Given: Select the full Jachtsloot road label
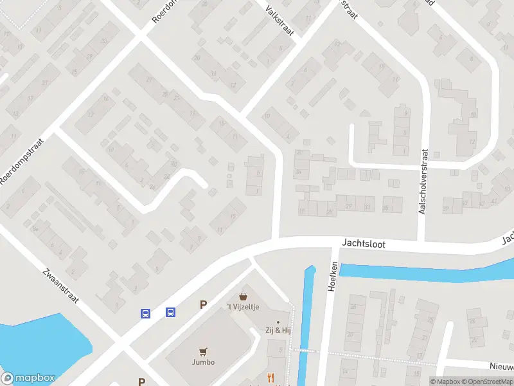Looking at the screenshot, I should tap(364, 244).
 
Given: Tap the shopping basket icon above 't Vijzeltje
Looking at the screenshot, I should tap(244, 297).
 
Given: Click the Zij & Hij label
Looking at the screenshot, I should tap(278, 329).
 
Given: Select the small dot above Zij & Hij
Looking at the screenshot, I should tap(278, 321).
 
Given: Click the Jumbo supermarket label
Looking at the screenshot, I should tap(203, 362).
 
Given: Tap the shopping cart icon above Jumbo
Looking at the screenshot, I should tap(204, 351).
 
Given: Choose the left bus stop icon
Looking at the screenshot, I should tap(146, 313).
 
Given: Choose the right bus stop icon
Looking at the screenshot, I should tap(170, 313).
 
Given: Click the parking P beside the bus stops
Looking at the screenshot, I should tap(203, 305).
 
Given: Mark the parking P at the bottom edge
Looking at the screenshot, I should tap(141, 381).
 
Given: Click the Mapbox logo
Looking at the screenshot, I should tap(27, 378).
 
